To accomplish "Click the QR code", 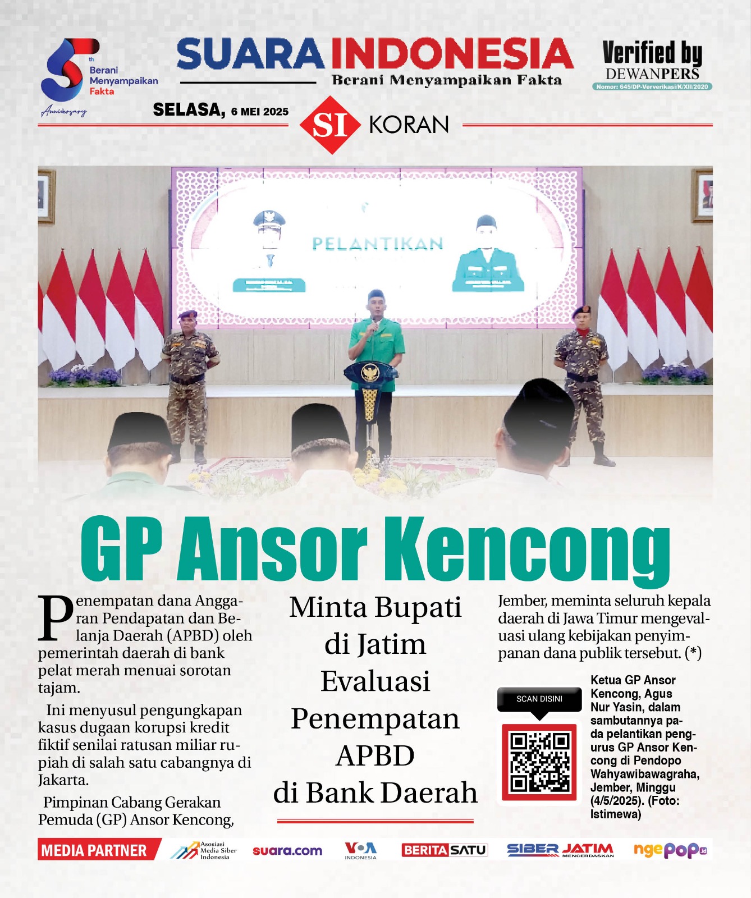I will point(539,762).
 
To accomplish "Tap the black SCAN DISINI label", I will point(539,699).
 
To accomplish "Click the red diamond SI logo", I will point(329,125).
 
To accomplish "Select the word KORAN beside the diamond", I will point(409,125).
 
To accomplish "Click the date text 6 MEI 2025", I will point(259,112).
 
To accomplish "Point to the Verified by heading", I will point(652,54).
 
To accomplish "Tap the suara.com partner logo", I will point(287,850).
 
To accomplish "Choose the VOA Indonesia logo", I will point(360,850).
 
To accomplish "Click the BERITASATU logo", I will point(444,850).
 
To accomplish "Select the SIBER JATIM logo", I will point(560,850).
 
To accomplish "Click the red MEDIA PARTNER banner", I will point(95,850).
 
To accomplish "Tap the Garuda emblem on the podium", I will point(369,372).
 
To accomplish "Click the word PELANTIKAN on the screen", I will point(377,244).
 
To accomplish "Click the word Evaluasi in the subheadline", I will point(375,681).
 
